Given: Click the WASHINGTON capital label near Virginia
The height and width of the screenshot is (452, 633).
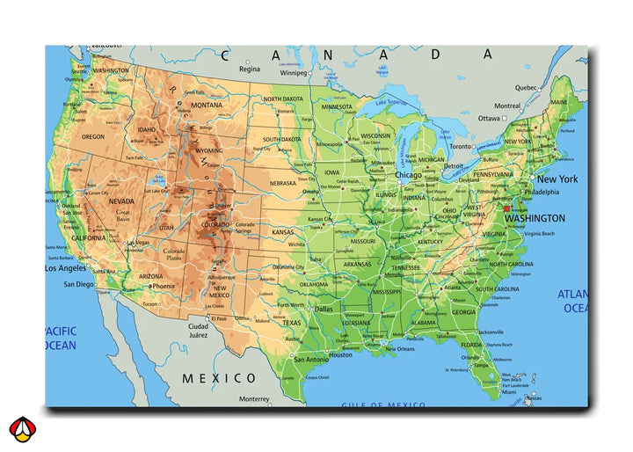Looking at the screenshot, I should [535, 218].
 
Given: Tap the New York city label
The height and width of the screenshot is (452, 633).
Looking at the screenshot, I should [557, 179].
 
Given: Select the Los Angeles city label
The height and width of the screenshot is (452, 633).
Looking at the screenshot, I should [65, 268].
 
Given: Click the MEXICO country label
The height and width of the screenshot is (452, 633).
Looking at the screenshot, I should [220, 378].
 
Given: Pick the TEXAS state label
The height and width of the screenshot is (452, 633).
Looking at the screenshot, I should [291, 323].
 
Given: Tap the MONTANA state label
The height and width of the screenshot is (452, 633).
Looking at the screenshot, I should [207, 106].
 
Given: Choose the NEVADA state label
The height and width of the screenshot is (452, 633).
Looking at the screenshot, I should [120, 201].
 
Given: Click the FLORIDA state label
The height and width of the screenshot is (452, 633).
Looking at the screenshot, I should [472, 345].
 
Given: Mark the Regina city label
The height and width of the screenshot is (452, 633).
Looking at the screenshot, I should [250, 69].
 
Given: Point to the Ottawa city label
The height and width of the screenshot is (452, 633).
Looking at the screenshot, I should [488, 118].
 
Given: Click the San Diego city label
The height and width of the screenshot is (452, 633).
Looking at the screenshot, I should [78, 284].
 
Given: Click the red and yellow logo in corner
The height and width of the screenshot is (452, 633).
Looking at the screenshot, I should [22, 428].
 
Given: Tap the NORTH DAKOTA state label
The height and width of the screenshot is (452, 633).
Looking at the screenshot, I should [283, 99].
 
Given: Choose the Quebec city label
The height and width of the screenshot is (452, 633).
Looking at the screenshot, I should [526, 87].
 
